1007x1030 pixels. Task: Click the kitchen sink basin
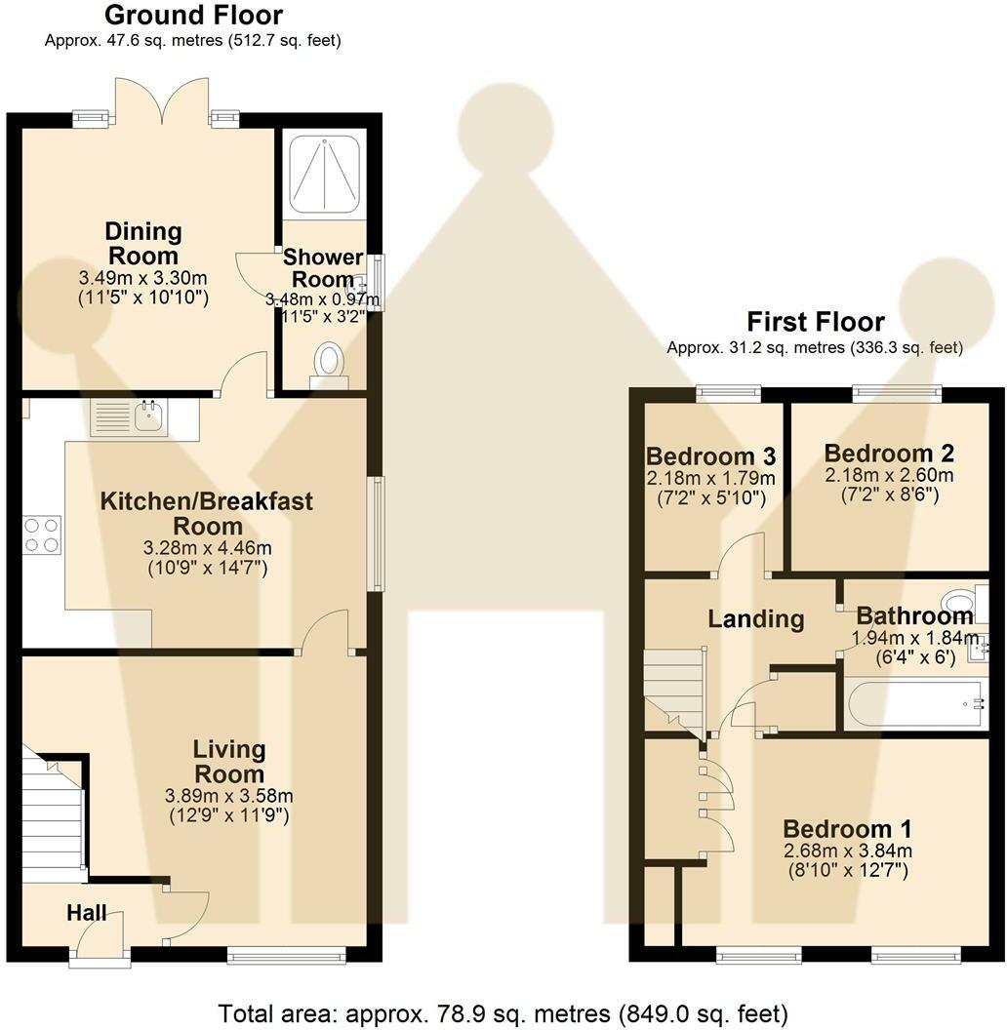[150, 416]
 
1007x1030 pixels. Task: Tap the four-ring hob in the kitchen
[42, 535]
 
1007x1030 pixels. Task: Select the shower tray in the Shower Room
[325, 174]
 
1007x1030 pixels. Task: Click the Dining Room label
[143, 243]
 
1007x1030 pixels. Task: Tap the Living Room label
[229, 762]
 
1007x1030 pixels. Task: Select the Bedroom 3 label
[710, 456]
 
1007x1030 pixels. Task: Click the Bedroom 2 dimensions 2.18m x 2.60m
[889, 475]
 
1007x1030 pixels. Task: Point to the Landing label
[756, 618]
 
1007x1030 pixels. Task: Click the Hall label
[87, 912]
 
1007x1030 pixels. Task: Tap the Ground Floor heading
[193, 15]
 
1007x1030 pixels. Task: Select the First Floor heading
[815, 322]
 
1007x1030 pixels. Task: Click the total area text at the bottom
[503, 1013]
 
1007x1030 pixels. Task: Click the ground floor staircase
[55, 814]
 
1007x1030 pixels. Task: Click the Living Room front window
[287, 955]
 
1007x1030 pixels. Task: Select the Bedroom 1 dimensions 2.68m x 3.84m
[847, 851]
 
